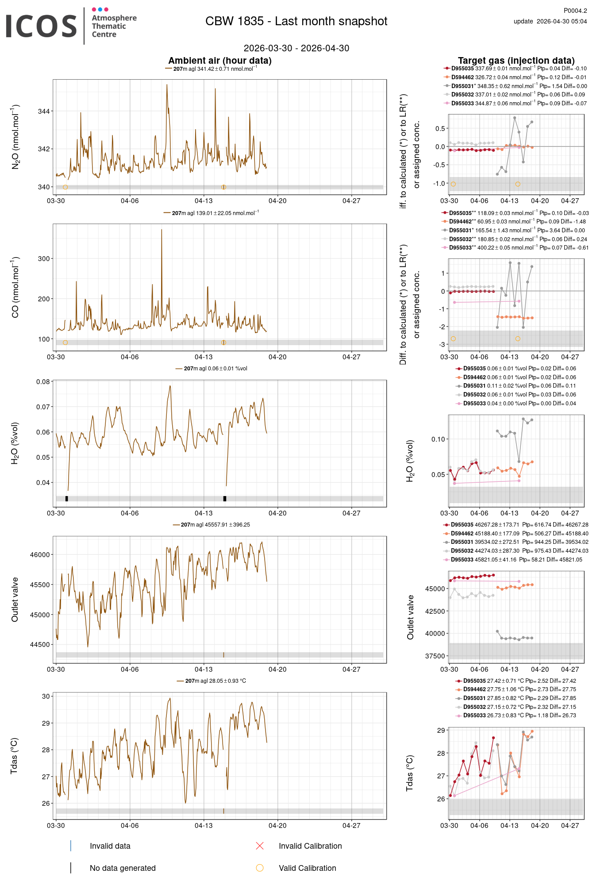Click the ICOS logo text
click(x=41, y=26)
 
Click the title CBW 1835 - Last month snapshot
click(x=296, y=21)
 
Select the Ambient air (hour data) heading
click(x=219, y=61)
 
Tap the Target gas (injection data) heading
click(x=516, y=61)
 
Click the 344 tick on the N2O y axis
click(x=44, y=111)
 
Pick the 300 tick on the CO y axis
click(x=44, y=258)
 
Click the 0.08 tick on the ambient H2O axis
click(x=43, y=382)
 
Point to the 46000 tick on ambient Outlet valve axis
click(x=40, y=554)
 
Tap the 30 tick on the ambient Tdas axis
click(x=46, y=696)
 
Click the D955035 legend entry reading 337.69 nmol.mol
click(x=515, y=69)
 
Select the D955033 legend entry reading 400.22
click(x=515, y=248)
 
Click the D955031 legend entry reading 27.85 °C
click(x=515, y=698)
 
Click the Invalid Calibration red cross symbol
click(x=260, y=846)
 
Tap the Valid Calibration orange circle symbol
click(x=260, y=868)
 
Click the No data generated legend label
click(x=123, y=868)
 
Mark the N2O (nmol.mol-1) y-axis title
click(x=15, y=137)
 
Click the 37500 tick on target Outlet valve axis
click(x=435, y=656)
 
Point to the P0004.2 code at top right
click(x=575, y=11)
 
